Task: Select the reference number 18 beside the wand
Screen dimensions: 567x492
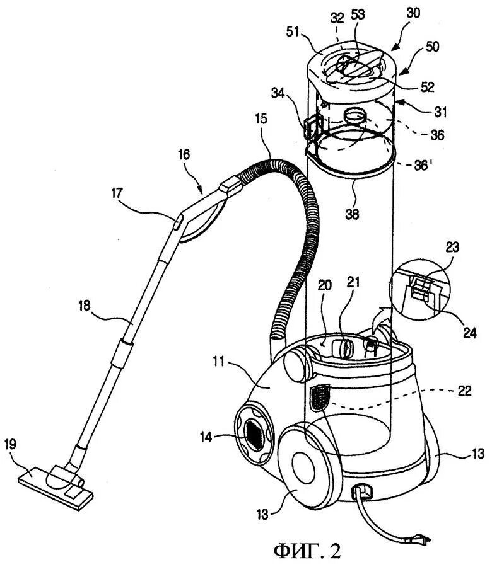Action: [85, 306]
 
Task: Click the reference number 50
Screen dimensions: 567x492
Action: [433, 47]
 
